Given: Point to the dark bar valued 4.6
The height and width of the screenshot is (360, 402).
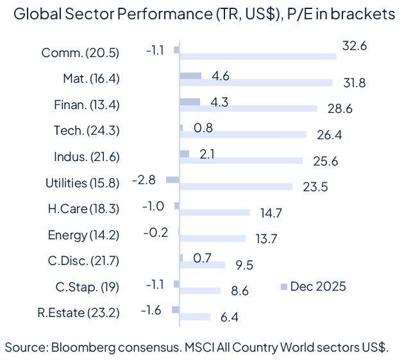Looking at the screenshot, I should pos(190,76).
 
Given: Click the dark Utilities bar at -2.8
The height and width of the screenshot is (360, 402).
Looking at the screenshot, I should pos(172,180).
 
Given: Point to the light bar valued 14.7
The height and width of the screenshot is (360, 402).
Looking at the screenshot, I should pos(215,212).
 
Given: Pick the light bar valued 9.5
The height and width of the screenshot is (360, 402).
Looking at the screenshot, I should pos(202,264).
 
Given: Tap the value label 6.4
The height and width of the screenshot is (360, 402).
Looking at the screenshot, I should pos(230,317).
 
